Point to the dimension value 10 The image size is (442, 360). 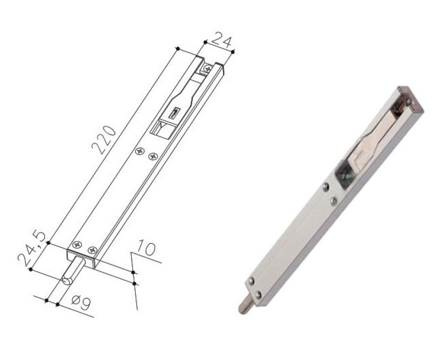146,248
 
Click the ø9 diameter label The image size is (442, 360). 80,304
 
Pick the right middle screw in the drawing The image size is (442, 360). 153,156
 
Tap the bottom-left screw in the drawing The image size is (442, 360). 77,245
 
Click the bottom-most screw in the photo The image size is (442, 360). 259,295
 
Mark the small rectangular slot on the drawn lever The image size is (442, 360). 176,112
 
